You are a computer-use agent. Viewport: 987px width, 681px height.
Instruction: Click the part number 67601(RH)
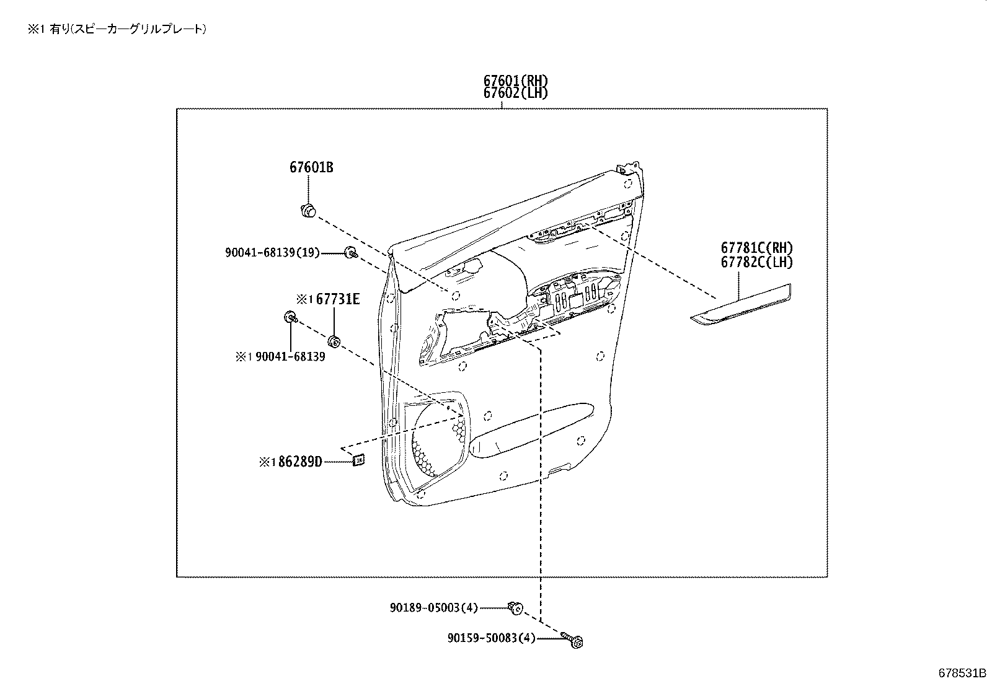tap(516, 81)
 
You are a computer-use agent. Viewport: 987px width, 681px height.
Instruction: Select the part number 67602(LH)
tap(516, 93)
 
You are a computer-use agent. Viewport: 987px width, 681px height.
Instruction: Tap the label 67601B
tap(311, 167)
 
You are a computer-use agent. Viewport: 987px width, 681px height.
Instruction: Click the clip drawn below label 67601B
tap(308, 211)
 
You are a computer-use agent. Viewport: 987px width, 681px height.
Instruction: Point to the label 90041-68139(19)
tap(272, 253)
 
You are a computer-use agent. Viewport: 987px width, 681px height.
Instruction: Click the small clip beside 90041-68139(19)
tap(351, 252)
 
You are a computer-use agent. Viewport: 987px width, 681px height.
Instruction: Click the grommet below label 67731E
tap(334, 341)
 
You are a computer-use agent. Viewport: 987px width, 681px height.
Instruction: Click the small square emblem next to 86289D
tap(358, 459)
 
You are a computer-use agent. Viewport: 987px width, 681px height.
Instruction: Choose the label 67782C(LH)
tap(756, 262)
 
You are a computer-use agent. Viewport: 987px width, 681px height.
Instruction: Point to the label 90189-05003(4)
tap(434, 608)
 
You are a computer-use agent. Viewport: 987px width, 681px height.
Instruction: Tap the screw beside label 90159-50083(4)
tap(575, 640)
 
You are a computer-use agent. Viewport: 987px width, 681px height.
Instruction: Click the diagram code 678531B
tap(961, 673)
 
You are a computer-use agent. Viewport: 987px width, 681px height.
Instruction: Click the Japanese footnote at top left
tap(117, 29)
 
